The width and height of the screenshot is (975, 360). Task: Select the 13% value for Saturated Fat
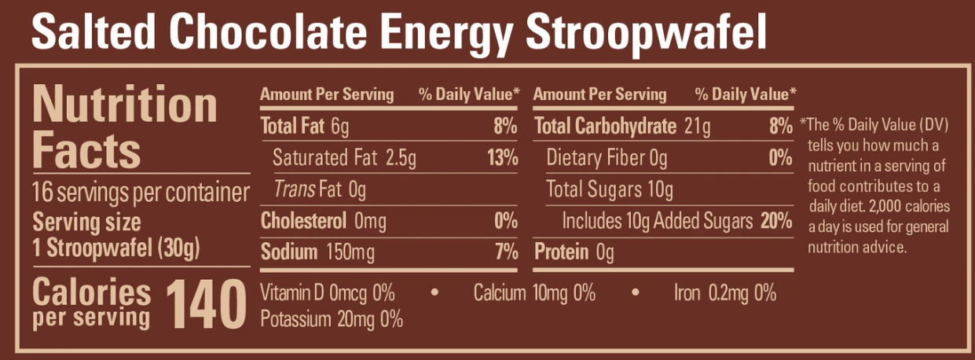502,158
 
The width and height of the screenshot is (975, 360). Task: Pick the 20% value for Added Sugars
775,221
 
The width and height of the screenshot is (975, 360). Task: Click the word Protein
562,252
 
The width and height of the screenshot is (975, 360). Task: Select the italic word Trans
291,189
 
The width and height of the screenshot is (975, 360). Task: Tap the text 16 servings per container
141,192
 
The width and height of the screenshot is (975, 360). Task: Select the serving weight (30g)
179,250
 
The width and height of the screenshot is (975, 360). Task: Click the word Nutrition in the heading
125,105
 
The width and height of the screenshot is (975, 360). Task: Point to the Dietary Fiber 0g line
607,158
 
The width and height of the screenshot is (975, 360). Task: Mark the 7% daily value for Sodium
507,252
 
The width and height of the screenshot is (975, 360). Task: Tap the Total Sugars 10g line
610,189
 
